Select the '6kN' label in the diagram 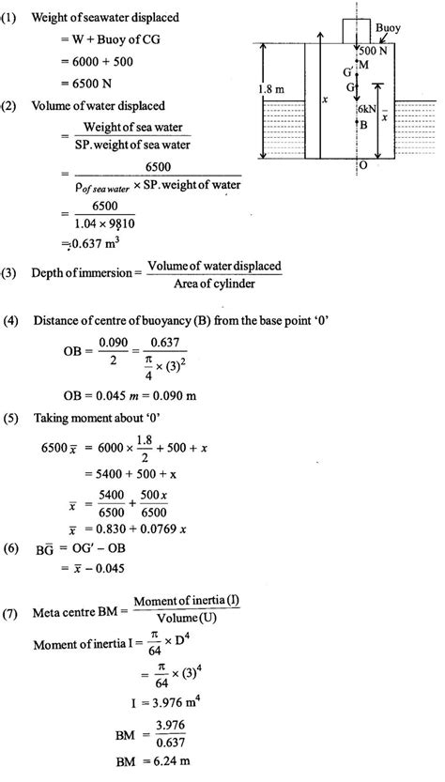pyautogui.click(x=367, y=109)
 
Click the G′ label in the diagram pyautogui.click(x=350, y=72)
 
